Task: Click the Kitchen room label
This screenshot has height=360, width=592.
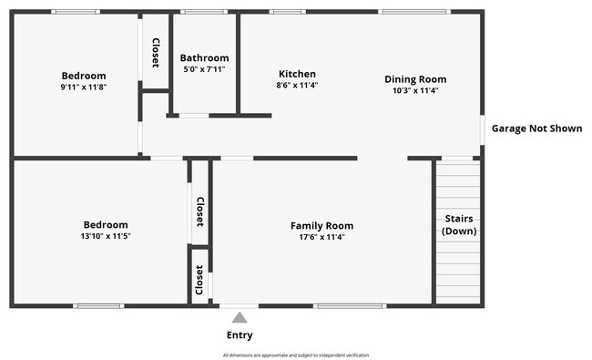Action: point(297,74)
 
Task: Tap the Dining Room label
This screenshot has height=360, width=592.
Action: point(415,79)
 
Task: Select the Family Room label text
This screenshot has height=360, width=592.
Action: point(322,225)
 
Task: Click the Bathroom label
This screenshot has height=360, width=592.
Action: point(204,57)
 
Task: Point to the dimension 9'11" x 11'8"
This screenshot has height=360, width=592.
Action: point(84,87)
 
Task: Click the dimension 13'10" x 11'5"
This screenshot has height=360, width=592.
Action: point(106,236)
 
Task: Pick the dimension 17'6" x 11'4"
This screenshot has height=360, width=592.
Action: point(322,237)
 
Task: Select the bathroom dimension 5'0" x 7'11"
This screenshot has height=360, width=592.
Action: point(204,68)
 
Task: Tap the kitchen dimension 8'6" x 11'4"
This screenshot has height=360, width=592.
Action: point(297,86)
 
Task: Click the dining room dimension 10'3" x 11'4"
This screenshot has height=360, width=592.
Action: point(415,91)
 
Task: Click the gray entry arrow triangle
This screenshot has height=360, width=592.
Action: point(239,317)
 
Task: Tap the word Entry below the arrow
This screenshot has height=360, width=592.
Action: point(239,334)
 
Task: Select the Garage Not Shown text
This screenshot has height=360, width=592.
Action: point(536,129)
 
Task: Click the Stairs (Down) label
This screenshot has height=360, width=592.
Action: point(459,225)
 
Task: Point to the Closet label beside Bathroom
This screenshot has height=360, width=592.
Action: point(156,53)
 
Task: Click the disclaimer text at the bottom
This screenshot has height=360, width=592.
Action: point(296,355)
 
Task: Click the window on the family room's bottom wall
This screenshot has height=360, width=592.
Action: point(350,305)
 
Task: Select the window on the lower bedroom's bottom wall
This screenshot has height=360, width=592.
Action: point(98,305)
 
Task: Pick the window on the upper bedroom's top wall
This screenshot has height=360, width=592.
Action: point(76,12)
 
